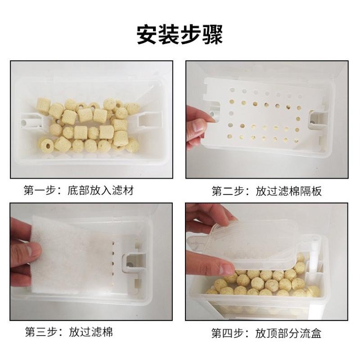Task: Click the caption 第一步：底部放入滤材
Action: (79, 190)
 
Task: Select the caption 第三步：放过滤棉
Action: (68, 332)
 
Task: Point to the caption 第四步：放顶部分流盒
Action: (267, 333)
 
